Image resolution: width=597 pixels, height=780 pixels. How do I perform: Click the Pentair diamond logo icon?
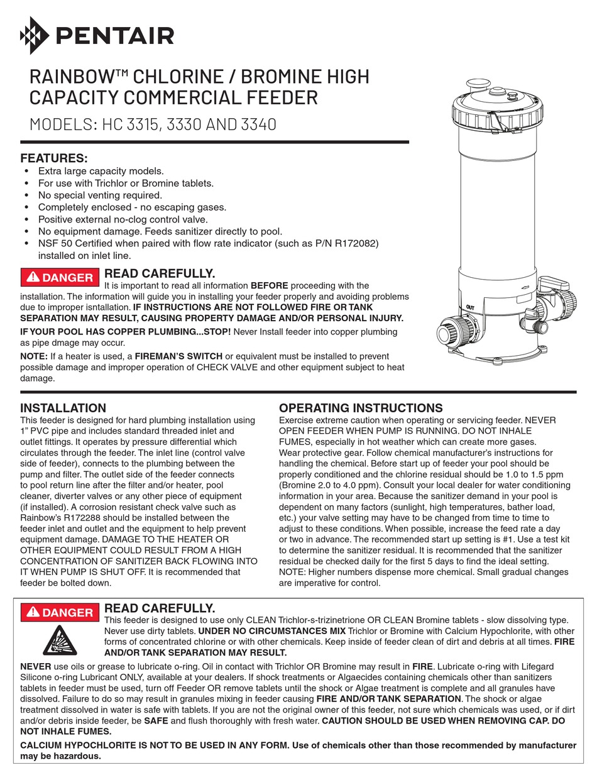pos(32,35)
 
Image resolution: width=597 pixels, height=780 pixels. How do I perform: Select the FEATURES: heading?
pos(54,158)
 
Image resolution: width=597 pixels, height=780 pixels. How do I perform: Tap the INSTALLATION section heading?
pos(63,408)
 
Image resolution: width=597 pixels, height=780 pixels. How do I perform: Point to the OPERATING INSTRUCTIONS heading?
pos(361,408)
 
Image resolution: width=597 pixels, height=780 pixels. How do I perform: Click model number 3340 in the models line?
pos(258,124)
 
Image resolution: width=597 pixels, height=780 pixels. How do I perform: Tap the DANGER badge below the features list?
pos(60,277)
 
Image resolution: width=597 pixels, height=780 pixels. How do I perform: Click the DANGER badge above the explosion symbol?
pos(60,612)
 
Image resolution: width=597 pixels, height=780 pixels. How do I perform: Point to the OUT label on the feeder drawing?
pos(470,307)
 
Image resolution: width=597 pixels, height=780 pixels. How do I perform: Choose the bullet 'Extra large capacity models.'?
pos(101,171)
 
